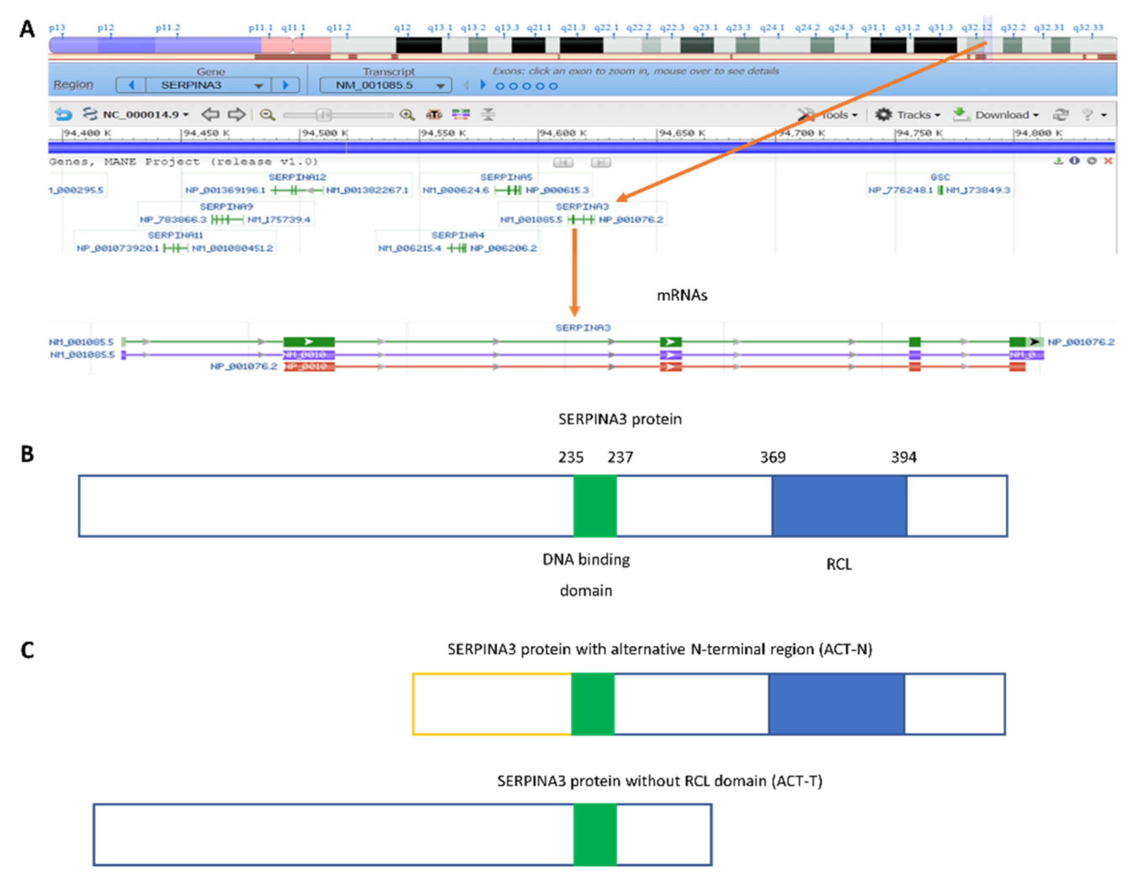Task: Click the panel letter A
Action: click(x=27, y=29)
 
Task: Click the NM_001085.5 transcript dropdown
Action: click(x=385, y=85)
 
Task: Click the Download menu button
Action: click(x=996, y=115)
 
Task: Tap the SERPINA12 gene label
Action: click(x=297, y=177)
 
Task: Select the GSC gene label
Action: click(x=940, y=177)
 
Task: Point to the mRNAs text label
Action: click(x=681, y=295)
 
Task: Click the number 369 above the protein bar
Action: click(x=773, y=458)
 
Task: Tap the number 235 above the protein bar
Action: click(x=571, y=458)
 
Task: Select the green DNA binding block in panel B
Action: click(x=595, y=505)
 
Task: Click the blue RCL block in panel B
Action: click(x=839, y=505)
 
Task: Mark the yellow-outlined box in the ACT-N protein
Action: click(x=492, y=704)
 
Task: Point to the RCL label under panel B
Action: click(x=839, y=564)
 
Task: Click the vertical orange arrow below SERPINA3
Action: click(x=574, y=271)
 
